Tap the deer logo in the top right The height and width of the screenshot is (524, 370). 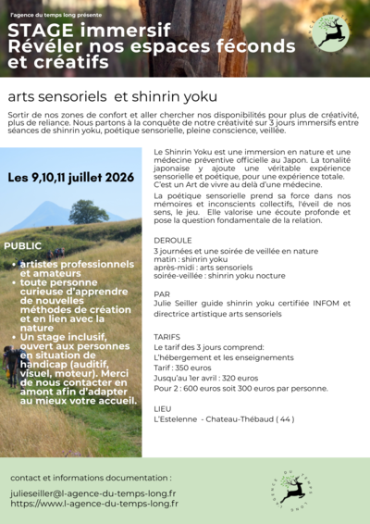[329, 32]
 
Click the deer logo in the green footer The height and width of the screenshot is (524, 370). [294, 488]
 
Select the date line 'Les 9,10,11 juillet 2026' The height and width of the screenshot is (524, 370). [71, 177]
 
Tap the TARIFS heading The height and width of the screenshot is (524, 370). [167, 337]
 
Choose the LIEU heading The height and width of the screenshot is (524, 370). [163, 407]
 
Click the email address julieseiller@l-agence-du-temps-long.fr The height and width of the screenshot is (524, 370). [93, 494]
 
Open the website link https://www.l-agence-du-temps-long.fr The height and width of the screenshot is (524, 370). [93, 505]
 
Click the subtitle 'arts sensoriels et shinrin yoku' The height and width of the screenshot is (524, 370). [112, 96]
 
